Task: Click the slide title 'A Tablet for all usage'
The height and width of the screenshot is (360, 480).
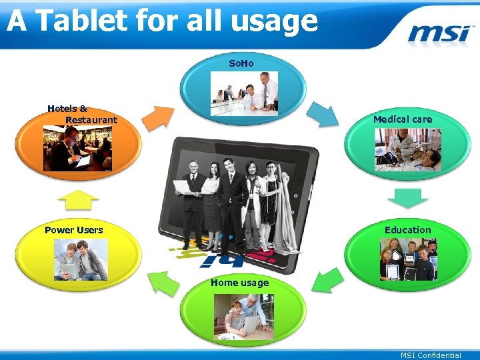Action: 162,21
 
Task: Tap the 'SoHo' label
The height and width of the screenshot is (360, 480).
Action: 241,63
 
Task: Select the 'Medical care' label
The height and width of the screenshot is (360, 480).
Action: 403,119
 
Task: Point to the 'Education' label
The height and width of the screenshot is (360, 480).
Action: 408,230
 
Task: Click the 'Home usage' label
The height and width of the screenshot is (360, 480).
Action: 240,283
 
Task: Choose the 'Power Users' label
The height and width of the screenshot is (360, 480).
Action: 74,230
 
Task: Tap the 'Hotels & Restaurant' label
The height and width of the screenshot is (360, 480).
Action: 81,114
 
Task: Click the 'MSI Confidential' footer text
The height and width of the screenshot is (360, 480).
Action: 431,355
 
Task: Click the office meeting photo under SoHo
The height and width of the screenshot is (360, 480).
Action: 245,93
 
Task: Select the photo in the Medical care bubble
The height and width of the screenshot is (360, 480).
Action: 407,150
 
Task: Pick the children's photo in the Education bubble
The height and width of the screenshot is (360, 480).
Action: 408,259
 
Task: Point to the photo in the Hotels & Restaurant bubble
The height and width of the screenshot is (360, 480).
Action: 78,149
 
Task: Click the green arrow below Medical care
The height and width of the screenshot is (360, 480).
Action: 407,198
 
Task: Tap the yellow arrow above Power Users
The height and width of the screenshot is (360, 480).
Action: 78,200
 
